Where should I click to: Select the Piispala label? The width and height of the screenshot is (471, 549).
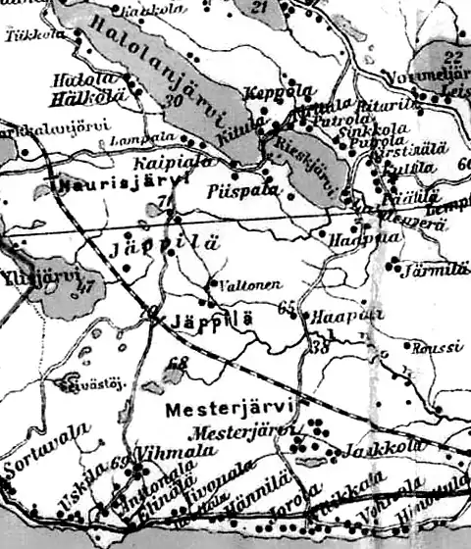237,192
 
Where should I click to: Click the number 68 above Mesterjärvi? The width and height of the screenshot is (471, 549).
177,364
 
